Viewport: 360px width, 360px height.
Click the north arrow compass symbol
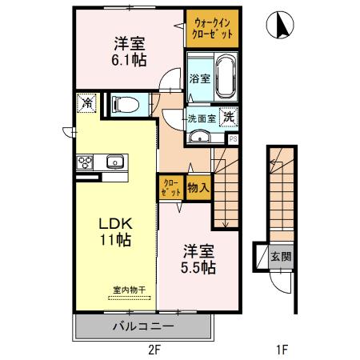282,26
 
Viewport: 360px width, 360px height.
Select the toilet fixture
126,104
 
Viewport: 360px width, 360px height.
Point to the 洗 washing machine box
229,116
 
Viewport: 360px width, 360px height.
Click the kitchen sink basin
114,162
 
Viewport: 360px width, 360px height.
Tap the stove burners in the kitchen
86,162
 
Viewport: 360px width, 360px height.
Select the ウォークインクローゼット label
212,29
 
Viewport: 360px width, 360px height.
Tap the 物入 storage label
198,189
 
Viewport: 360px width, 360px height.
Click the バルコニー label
142,327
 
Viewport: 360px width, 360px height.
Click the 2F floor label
154,349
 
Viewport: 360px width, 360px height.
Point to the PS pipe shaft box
233,138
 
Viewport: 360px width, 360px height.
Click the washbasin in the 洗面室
198,137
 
